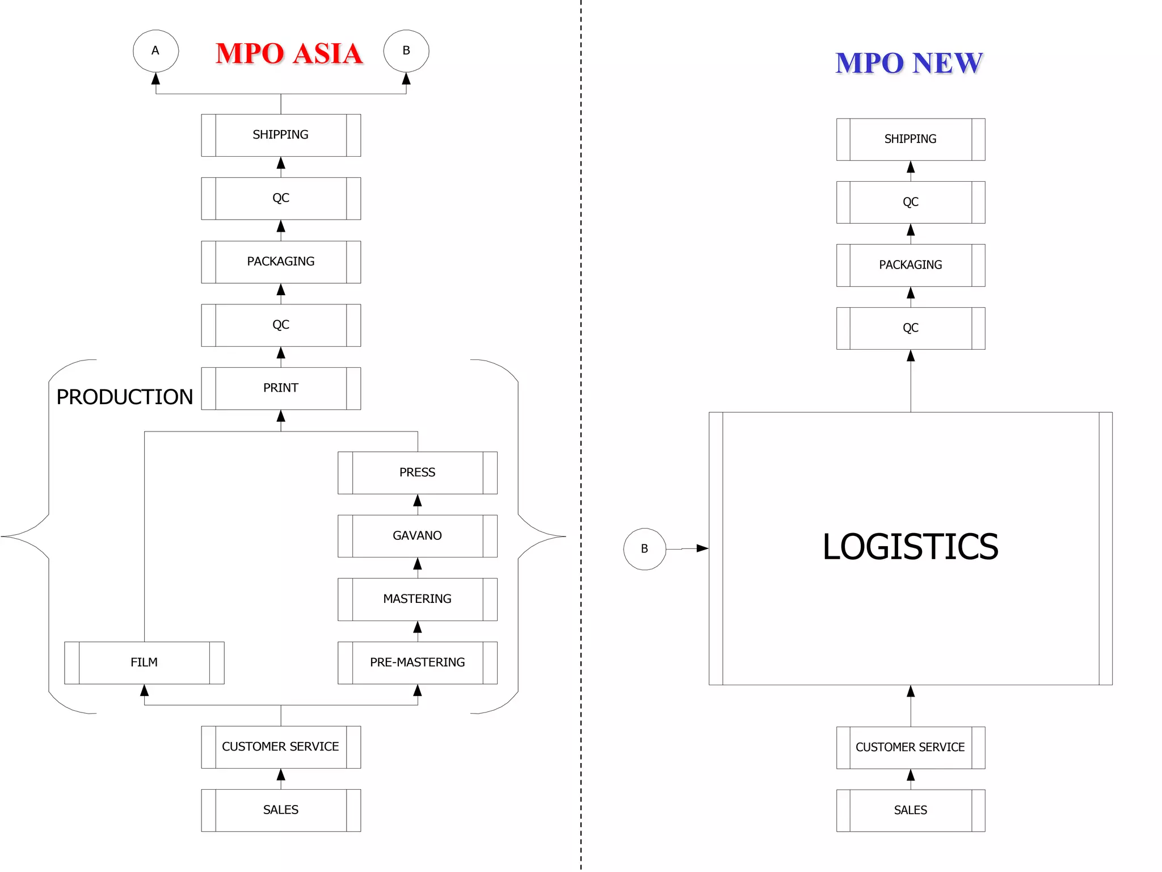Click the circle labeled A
(155, 51)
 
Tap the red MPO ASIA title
(289, 54)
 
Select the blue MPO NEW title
(909, 63)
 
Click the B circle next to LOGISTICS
(645, 549)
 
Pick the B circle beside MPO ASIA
(406, 51)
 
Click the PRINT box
(281, 388)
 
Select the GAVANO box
(417, 536)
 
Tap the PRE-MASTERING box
(417, 663)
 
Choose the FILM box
(144, 663)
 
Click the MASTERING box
(417, 599)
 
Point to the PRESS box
(417, 472)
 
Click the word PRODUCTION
(125, 397)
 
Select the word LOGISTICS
(910, 547)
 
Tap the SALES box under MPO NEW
(910, 810)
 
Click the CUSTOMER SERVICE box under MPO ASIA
(281, 747)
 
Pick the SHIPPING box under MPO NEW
(910, 139)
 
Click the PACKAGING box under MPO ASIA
(281, 262)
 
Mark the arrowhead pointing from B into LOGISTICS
(702, 548)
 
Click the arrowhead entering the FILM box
(145, 690)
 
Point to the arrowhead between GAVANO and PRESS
(418, 501)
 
